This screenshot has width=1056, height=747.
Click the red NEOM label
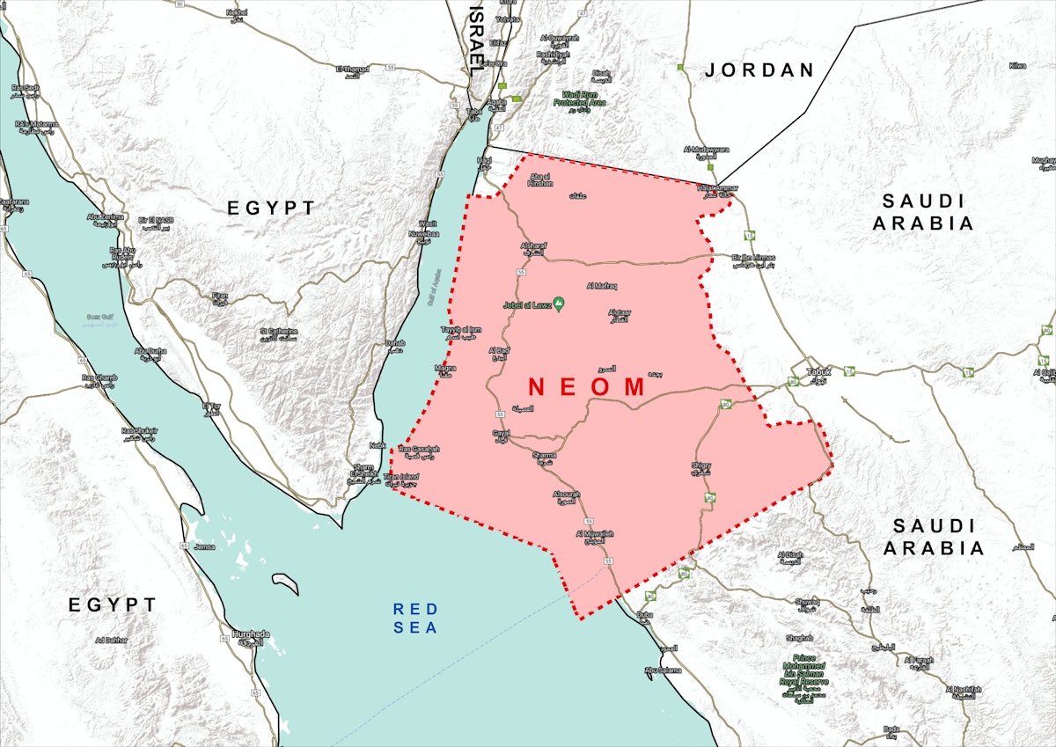(x=588, y=387)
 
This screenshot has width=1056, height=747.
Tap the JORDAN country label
(x=759, y=70)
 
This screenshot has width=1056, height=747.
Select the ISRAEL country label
(x=476, y=37)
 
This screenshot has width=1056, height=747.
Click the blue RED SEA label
(x=415, y=617)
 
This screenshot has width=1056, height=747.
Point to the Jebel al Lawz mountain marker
(x=559, y=304)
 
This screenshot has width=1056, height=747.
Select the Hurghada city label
(x=251, y=636)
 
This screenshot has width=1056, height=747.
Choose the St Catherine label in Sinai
(x=280, y=334)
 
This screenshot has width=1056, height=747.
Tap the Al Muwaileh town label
(x=594, y=536)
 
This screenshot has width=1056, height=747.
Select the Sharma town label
(x=546, y=457)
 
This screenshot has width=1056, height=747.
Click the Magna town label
(x=444, y=370)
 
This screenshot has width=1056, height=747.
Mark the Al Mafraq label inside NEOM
(x=602, y=286)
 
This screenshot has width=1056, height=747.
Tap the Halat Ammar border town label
(x=716, y=190)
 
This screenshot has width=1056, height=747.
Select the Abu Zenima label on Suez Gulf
(x=105, y=218)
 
